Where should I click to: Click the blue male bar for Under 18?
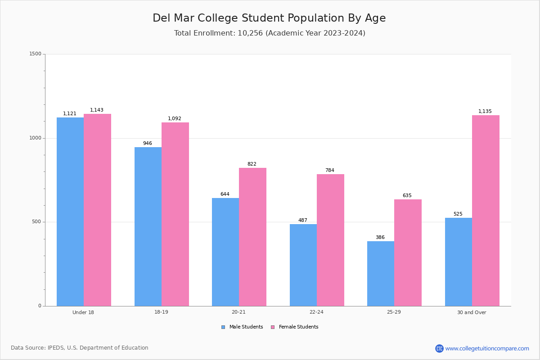click(70, 211)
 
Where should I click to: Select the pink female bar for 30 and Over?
click(486, 211)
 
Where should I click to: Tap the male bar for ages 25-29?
click(381, 274)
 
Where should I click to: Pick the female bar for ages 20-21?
click(252, 237)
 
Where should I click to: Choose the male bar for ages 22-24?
click(303, 265)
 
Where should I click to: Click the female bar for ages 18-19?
click(175, 214)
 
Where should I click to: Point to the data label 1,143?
click(97, 110)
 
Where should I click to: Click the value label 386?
click(380, 238)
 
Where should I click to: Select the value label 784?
click(330, 171)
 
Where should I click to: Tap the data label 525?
click(458, 214)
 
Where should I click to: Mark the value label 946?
click(148, 144)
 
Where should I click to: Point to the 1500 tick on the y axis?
click(36, 54)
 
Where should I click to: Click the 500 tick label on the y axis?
click(37, 222)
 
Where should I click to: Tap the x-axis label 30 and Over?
click(472, 312)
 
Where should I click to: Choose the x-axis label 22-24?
click(316, 312)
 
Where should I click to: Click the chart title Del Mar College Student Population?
click(269, 18)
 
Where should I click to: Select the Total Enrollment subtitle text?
click(270, 33)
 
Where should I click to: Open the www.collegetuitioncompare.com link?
click(487, 348)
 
